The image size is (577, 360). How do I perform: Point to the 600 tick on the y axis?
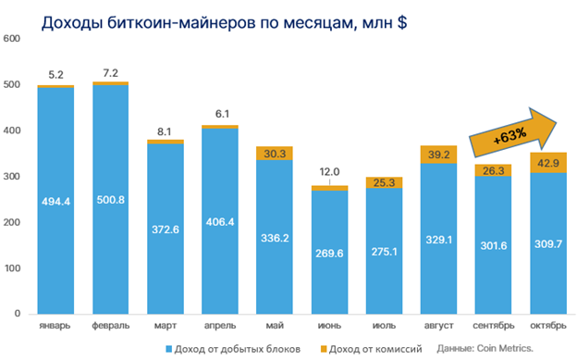[x=11, y=39]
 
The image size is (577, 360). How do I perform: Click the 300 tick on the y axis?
[x=11, y=177]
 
